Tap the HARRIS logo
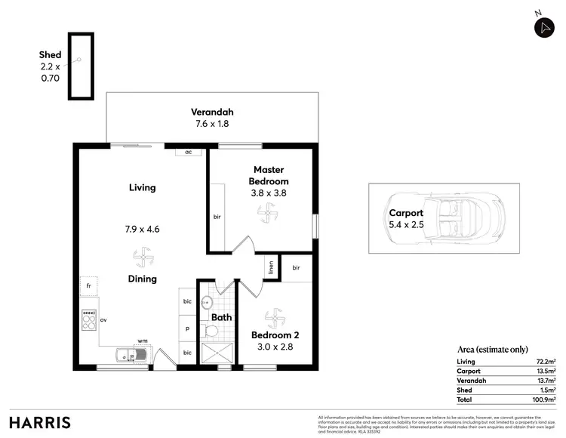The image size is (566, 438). [x=40, y=421]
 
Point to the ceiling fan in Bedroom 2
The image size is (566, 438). [x=274, y=315]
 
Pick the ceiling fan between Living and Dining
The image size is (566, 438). [x=142, y=259]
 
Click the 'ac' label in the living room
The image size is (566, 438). [x=188, y=152]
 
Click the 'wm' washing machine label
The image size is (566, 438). [x=142, y=341]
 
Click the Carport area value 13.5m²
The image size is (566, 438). [x=546, y=372]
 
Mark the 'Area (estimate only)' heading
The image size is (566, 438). [x=494, y=350]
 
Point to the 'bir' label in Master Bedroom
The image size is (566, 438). [x=217, y=217]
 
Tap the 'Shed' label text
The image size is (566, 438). [x=50, y=55]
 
